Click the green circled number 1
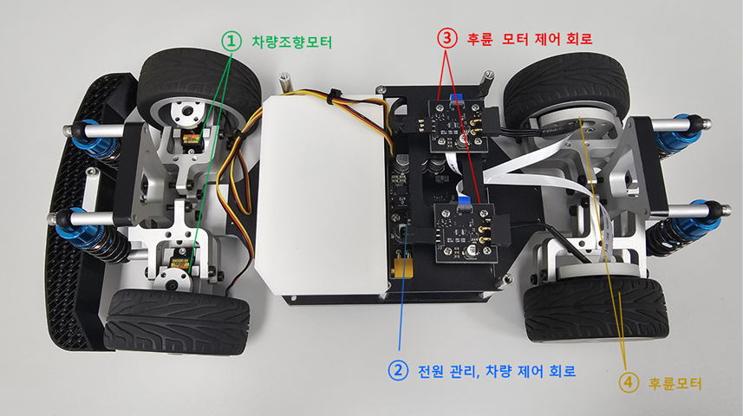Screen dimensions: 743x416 pos(231,42)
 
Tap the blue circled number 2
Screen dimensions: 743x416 pos(398,370)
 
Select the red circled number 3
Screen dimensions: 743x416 pos(446,38)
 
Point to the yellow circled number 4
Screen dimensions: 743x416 pos(629,382)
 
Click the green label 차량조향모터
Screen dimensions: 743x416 pos(291,42)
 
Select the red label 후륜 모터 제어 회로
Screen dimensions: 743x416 pos(530,38)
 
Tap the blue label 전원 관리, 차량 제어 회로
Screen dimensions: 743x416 pos(497,371)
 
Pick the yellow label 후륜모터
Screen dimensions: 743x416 pos(675,383)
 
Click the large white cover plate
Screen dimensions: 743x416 pos(322,195)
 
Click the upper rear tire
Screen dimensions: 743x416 pos(567,88)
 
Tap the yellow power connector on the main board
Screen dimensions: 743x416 pos(401,268)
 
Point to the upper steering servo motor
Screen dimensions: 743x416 pos(192,141)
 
